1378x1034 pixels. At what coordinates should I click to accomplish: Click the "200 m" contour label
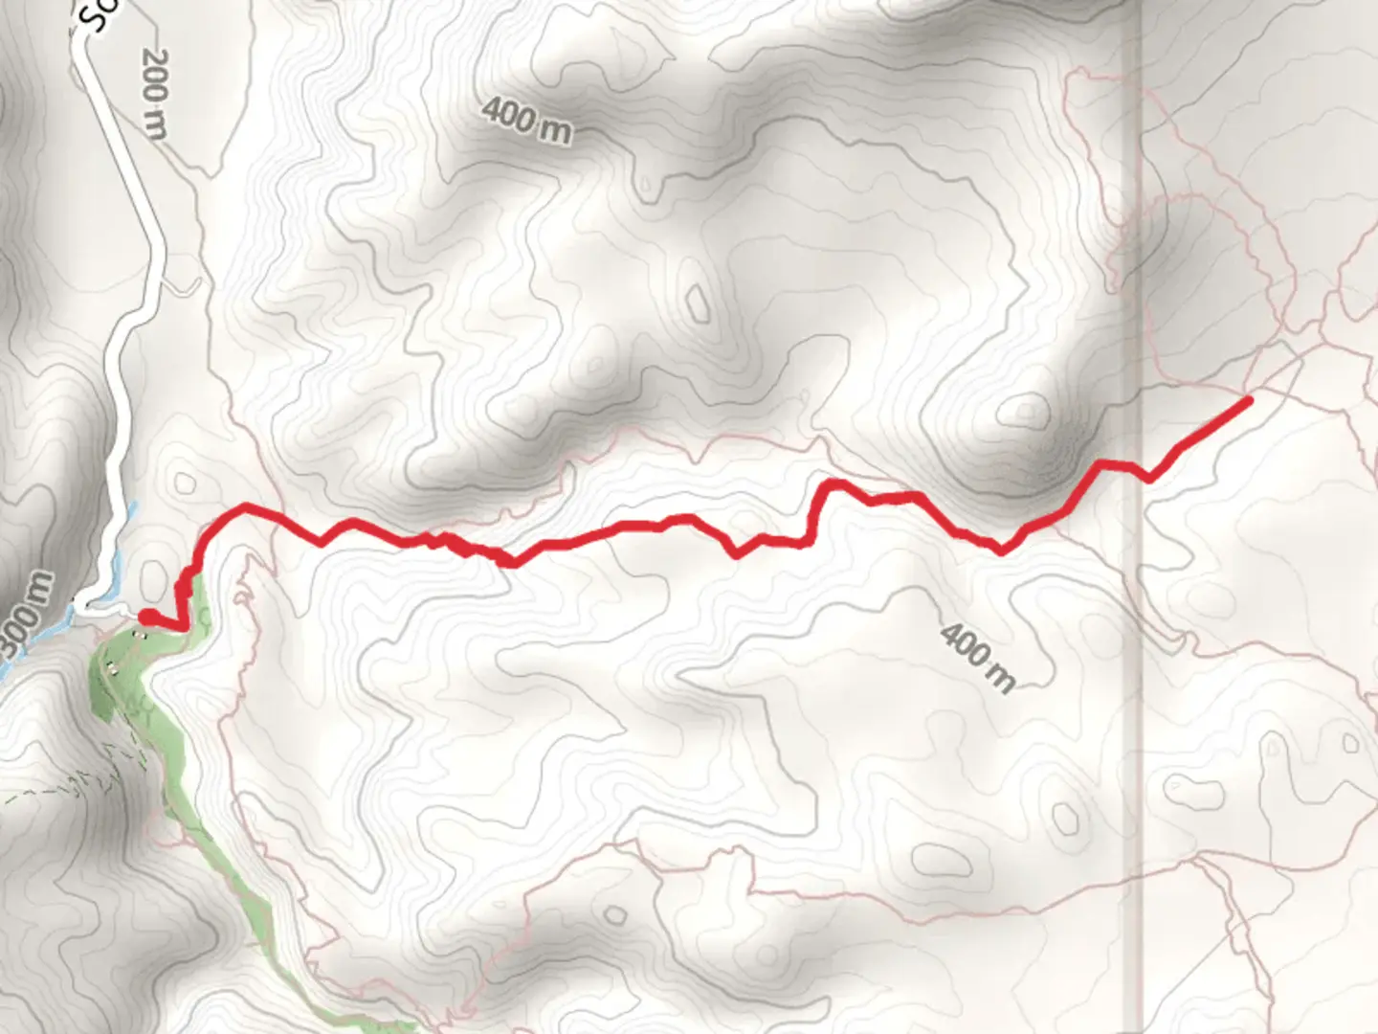(154, 93)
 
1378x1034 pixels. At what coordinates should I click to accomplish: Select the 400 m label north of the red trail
(526, 119)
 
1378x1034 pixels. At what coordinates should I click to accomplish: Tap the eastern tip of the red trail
(1248, 401)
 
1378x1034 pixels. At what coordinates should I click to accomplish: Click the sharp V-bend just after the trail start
(179, 627)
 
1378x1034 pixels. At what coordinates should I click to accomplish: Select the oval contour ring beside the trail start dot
(153, 579)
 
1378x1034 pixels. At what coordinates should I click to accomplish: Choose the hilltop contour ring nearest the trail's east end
(1027, 413)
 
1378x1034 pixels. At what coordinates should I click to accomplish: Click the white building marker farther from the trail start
(111, 667)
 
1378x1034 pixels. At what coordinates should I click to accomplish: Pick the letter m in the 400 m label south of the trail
(999, 678)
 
